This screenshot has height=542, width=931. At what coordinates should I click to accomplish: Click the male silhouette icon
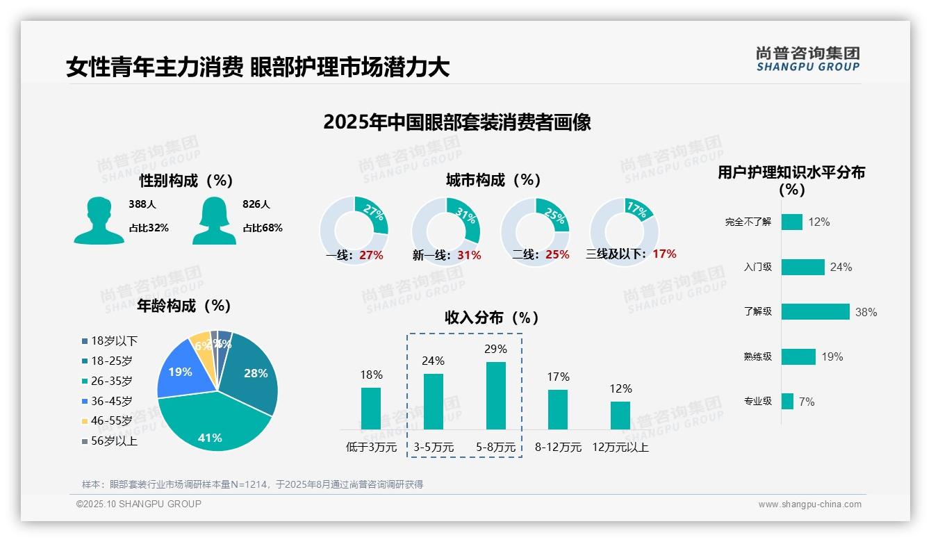pyautogui.click(x=99, y=220)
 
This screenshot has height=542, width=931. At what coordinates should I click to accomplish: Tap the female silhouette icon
pyautogui.click(x=214, y=220)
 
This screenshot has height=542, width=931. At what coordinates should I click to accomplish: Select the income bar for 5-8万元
pyautogui.click(x=495, y=395)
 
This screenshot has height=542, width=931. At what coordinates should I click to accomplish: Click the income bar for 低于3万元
pyautogui.click(x=371, y=408)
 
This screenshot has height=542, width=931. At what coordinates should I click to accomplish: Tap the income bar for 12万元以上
pyautogui.click(x=620, y=415)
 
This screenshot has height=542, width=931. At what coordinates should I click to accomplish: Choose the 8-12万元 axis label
pyautogui.click(x=558, y=447)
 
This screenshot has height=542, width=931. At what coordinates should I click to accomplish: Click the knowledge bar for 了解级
pyautogui.click(x=815, y=312)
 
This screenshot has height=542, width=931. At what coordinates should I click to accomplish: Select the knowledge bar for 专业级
pyautogui.click(x=787, y=402)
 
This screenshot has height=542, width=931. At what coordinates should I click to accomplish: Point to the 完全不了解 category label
pyautogui.click(x=748, y=222)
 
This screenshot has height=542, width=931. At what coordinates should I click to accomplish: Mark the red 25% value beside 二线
pyautogui.click(x=557, y=255)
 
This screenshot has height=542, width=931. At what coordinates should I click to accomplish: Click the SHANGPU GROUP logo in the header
pyautogui.click(x=807, y=59)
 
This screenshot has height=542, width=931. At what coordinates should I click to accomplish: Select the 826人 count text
pyautogui.click(x=256, y=204)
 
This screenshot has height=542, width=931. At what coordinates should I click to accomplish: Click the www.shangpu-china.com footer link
pyautogui.click(x=809, y=504)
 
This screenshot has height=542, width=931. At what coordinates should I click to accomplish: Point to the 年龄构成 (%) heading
pyautogui.click(x=183, y=306)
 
